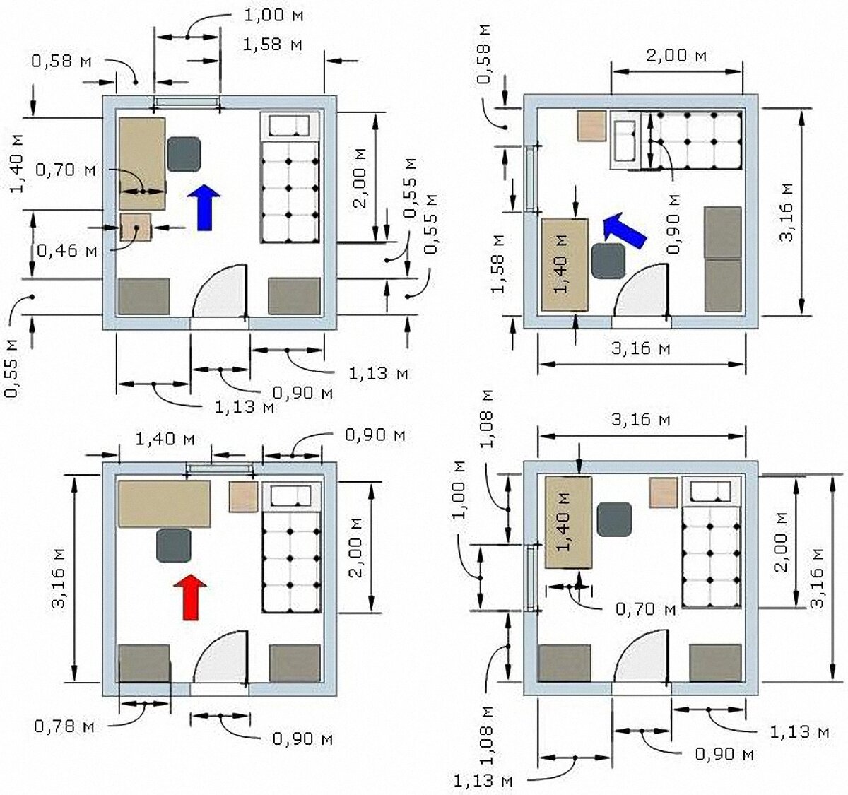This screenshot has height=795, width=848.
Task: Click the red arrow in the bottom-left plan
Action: pos(190,597)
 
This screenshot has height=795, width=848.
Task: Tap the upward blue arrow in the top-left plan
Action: pos(204,208)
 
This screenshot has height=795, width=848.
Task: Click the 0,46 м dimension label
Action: pos(67,250)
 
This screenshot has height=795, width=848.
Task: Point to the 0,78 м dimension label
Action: pos(64,726)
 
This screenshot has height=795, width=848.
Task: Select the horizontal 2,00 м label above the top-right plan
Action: pos(676,56)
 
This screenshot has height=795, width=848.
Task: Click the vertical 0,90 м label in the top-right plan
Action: pos(673,223)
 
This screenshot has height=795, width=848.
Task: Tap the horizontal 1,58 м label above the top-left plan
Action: pos(272,45)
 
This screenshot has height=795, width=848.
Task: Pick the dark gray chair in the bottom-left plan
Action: pos(174,545)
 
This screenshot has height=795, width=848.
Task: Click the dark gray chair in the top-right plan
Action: pos(609,261)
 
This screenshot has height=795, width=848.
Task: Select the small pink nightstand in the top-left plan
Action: pos(136,228)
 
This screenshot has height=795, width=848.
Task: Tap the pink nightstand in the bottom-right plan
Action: pos(663,493)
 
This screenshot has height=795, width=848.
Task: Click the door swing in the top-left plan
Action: pos(220,290)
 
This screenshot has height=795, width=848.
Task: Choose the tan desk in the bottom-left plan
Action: pos(165,504)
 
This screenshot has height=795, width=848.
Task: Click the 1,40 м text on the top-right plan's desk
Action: pos(563,264)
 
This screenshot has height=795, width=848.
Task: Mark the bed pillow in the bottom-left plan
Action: pos(290,495)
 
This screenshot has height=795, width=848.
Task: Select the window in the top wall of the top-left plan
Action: pos(187,102)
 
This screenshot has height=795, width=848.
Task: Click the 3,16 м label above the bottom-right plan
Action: pos(641,420)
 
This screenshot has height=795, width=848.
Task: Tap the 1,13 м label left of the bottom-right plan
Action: pos(483,781)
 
